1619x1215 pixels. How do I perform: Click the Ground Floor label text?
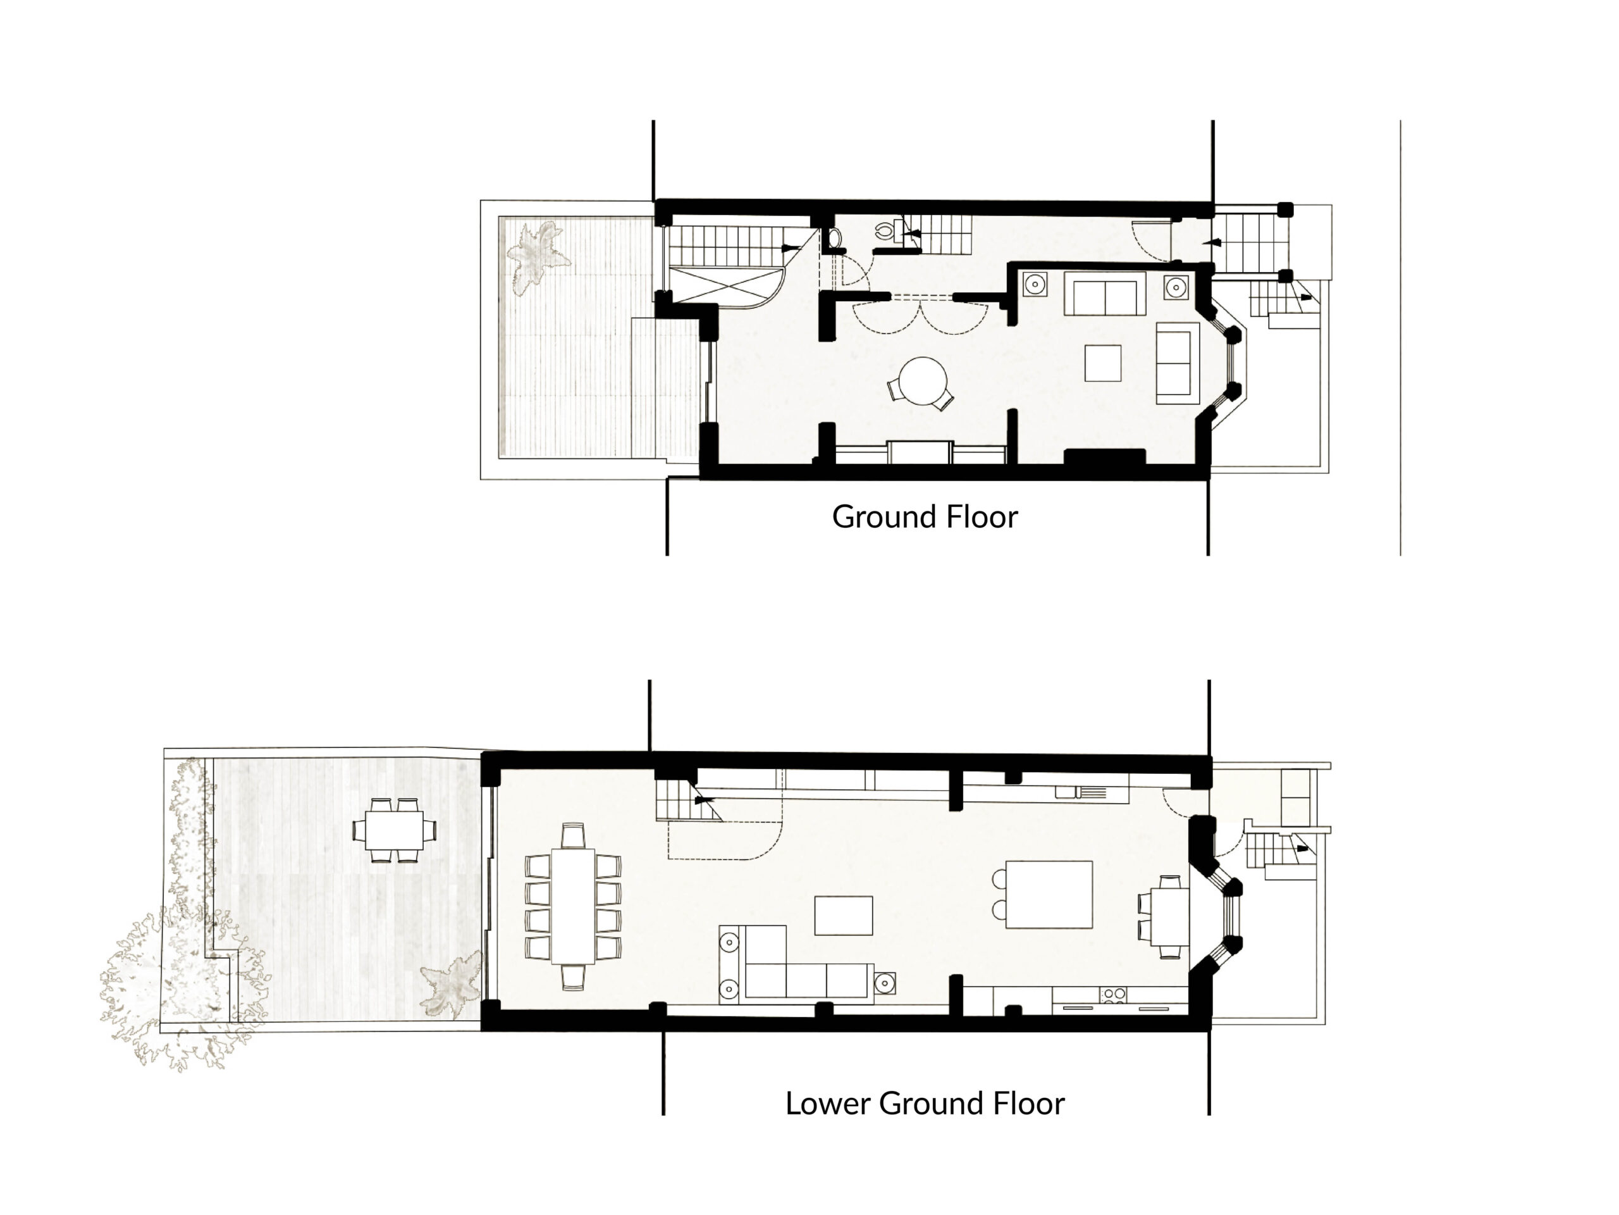(925, 517)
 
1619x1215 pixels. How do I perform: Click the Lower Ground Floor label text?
(925, 1104)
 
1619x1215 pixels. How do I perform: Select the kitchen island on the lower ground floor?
(1049, 894)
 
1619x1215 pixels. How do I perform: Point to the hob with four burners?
(1114, 995)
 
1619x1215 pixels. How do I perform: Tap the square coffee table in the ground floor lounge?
(1103, 363)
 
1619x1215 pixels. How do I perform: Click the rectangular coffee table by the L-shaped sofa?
(843, 916)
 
